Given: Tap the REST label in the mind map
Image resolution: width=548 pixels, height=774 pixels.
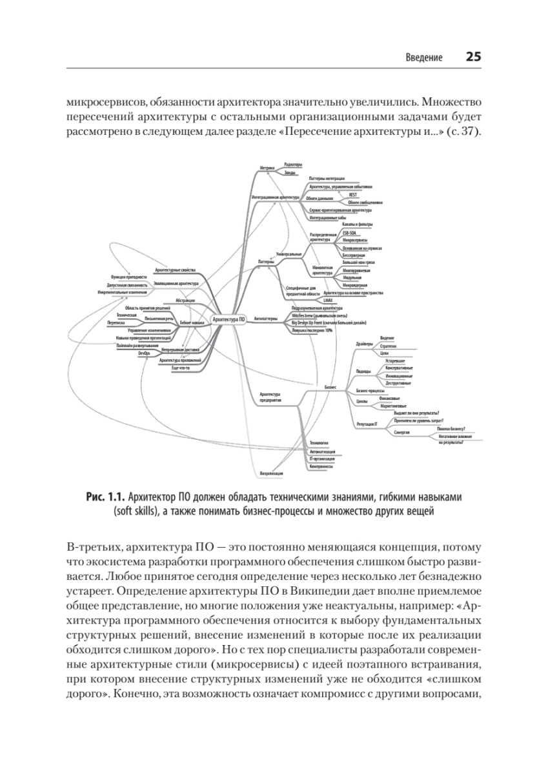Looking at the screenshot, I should [x=352, y=193].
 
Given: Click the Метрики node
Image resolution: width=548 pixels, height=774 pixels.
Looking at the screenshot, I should [x=267, y=168].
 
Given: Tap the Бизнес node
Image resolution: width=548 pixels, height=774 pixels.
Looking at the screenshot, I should [x=330, y=387].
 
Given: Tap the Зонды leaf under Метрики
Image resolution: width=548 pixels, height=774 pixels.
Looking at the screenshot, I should [x=290, y=174].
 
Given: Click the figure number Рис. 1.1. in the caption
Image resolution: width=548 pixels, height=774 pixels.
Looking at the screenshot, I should [x=104, y=499].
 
